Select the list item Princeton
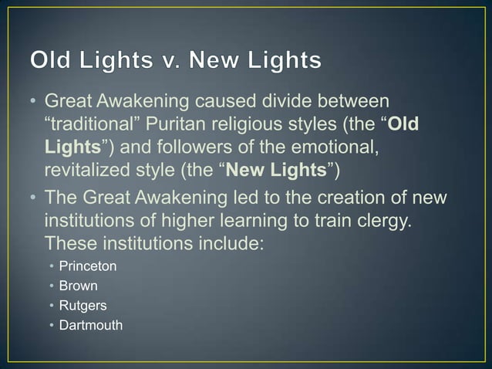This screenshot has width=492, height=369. point(88,266)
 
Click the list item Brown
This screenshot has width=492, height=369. point(79,286)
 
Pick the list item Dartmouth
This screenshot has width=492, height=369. point(91,325)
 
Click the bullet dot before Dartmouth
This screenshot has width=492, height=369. point(52,325)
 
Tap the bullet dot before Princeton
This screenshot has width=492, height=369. point(52,266)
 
